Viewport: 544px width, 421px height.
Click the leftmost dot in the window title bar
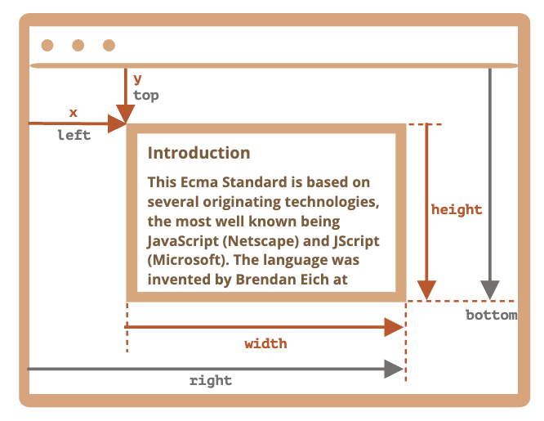point(47,45)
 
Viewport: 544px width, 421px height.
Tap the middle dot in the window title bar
point(78,45)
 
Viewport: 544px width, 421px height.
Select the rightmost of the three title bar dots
point(109,45)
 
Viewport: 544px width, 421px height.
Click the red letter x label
point(73,112)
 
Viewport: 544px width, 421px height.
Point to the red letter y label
point(137,79)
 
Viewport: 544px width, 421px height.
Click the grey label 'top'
point(146,96)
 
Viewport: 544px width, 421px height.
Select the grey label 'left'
point(74,136)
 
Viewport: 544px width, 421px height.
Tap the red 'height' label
point(457,209)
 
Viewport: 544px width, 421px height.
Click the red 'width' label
point(266,343)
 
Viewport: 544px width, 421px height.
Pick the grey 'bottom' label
point(491,315)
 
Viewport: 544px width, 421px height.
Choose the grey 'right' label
point(211,380)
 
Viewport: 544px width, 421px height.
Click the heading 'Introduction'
point(198,153)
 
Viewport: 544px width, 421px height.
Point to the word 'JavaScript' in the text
point(183,241)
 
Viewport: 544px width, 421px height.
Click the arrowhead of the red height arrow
point(426,290)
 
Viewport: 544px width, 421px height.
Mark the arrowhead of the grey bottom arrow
point(489,290)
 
